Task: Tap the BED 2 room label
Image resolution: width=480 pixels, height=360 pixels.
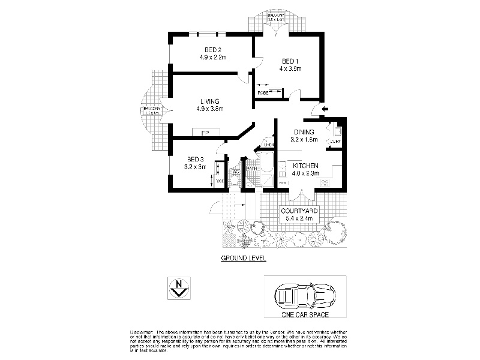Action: coord(213,50)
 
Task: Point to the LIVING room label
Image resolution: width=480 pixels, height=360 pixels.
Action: coord(209,101)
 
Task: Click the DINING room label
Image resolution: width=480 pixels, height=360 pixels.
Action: coord(304,132)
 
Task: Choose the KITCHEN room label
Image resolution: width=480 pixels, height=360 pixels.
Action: coord(305,166)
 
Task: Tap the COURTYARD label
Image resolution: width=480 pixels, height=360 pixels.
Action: coord(299,211)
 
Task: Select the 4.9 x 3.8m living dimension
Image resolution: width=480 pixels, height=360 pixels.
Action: coord(209,109)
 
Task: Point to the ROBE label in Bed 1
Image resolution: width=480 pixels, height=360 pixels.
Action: coord(263,92)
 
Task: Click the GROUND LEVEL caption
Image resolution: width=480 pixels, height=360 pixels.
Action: coord(244,258)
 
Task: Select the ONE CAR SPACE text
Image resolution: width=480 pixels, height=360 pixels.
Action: coord(305,314)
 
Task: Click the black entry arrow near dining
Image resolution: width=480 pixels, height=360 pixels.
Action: coord(325,109)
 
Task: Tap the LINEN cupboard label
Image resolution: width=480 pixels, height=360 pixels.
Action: coord(269,145)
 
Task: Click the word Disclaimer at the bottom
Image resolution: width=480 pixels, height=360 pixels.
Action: coord(142,332)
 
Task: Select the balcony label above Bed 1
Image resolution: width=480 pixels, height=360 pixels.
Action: coord(276,17)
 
